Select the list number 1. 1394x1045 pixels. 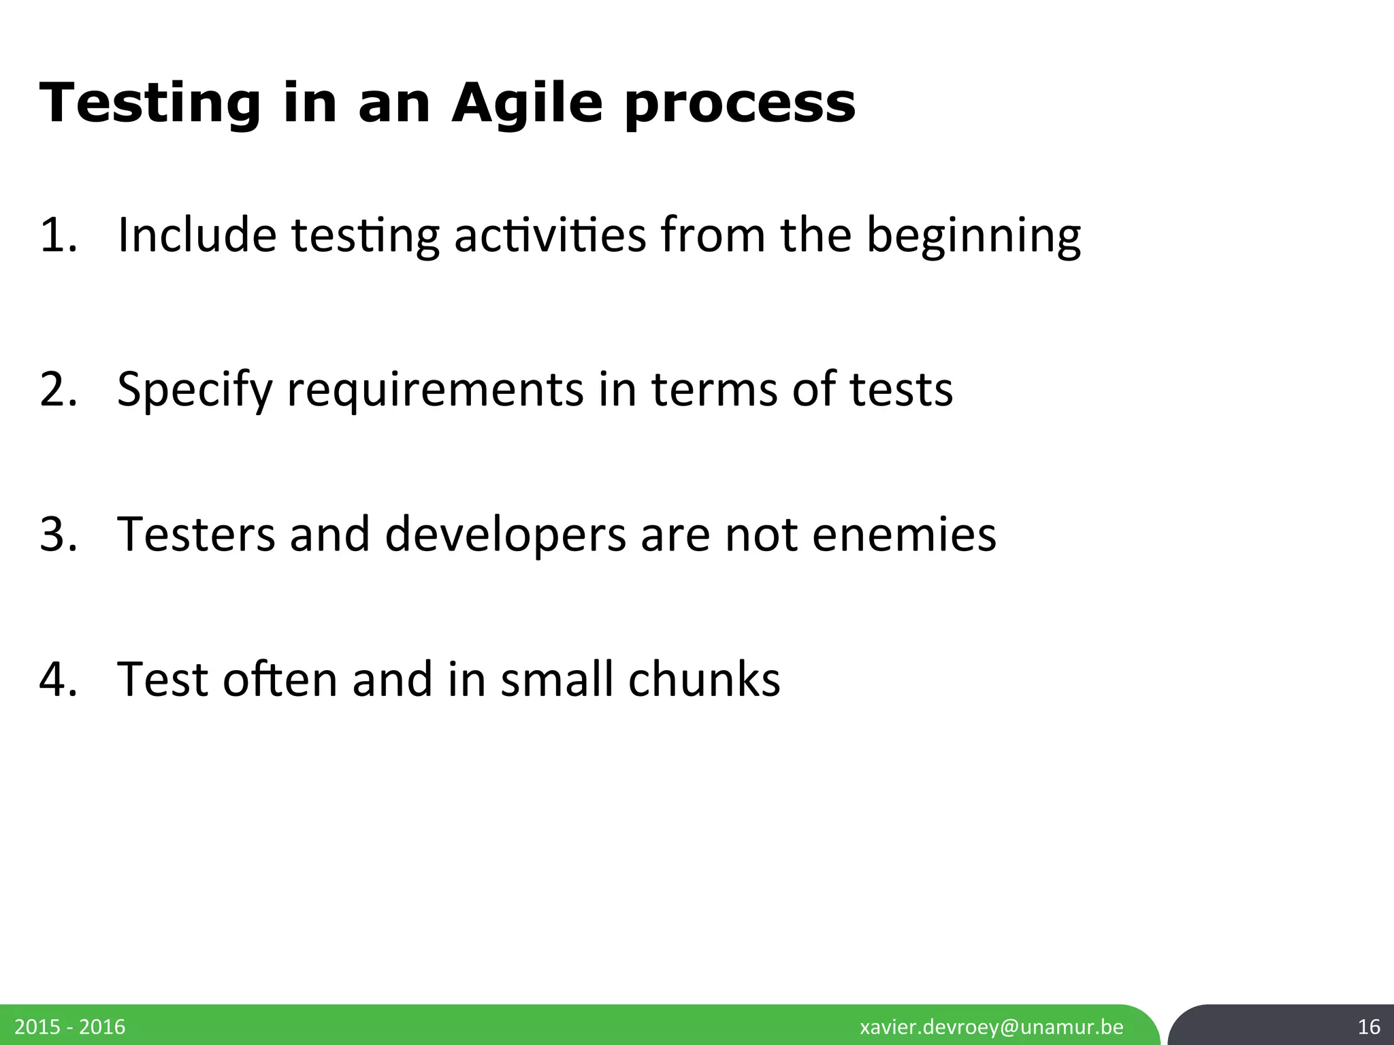(x=58, y=235)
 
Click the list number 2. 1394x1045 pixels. (x=58, y=389)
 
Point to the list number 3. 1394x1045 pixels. (x=58, y=534)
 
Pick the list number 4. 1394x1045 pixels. (x=58, y=679)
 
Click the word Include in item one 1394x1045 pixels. (x=197, y=235)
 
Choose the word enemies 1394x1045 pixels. (x=904, y=534)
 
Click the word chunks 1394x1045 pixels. (x=704, y=679)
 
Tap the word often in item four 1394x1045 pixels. (x=280, y=679)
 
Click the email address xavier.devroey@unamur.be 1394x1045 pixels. (x=992, y=1027)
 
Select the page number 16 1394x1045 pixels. (x=1368, y=1027)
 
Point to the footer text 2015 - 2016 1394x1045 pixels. (x=70, y=1027)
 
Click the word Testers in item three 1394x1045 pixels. (x=196, y=534)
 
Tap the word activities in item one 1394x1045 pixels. (x=550, y=235)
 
